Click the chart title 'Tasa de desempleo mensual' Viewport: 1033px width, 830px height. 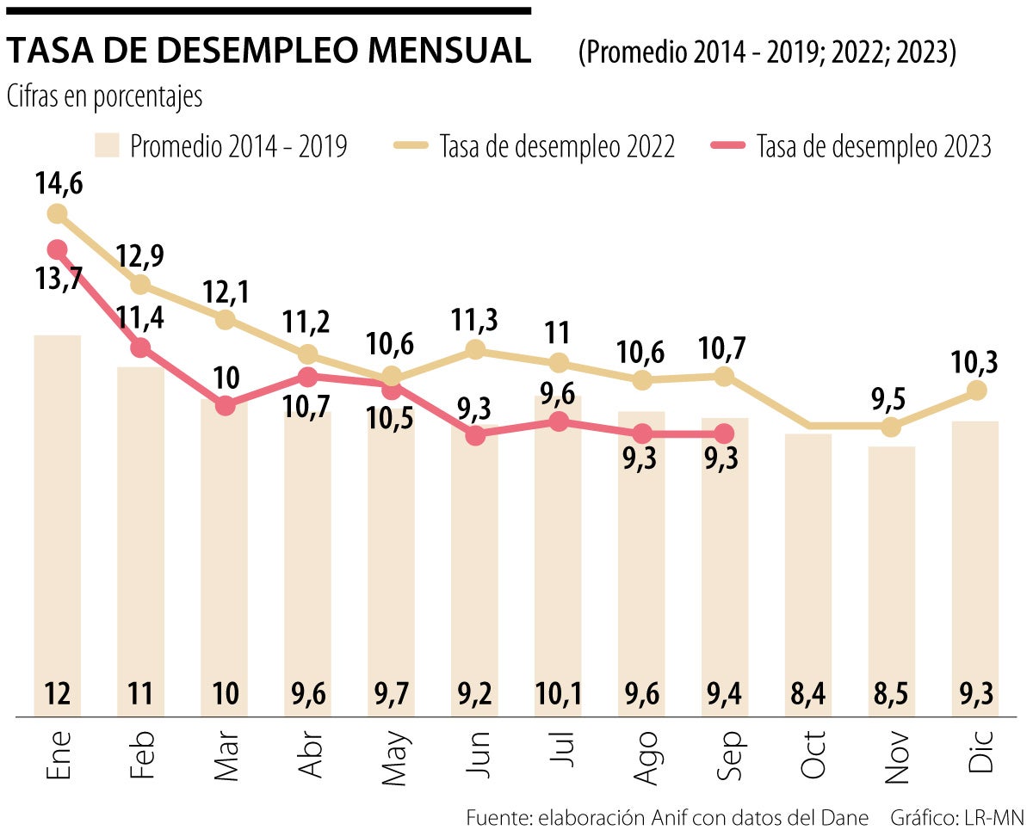pyautogui.click(x=269, y=52)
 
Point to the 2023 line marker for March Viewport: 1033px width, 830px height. pyautogui.click(x=225, y=405)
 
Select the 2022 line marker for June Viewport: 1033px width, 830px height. pyautogui.click(x=475, y=349)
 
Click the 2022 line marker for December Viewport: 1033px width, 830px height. pyautogui.click(x=975, y=390)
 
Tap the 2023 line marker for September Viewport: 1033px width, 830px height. pyautogui.click(x=724, y=433)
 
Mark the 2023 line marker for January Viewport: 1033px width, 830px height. pyautogui.click(x=58, y=249)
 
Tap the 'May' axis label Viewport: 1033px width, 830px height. pyautogui.click(x=393, y=759)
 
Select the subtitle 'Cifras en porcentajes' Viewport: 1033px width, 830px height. pyautogui.click(x=104, y=97)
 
